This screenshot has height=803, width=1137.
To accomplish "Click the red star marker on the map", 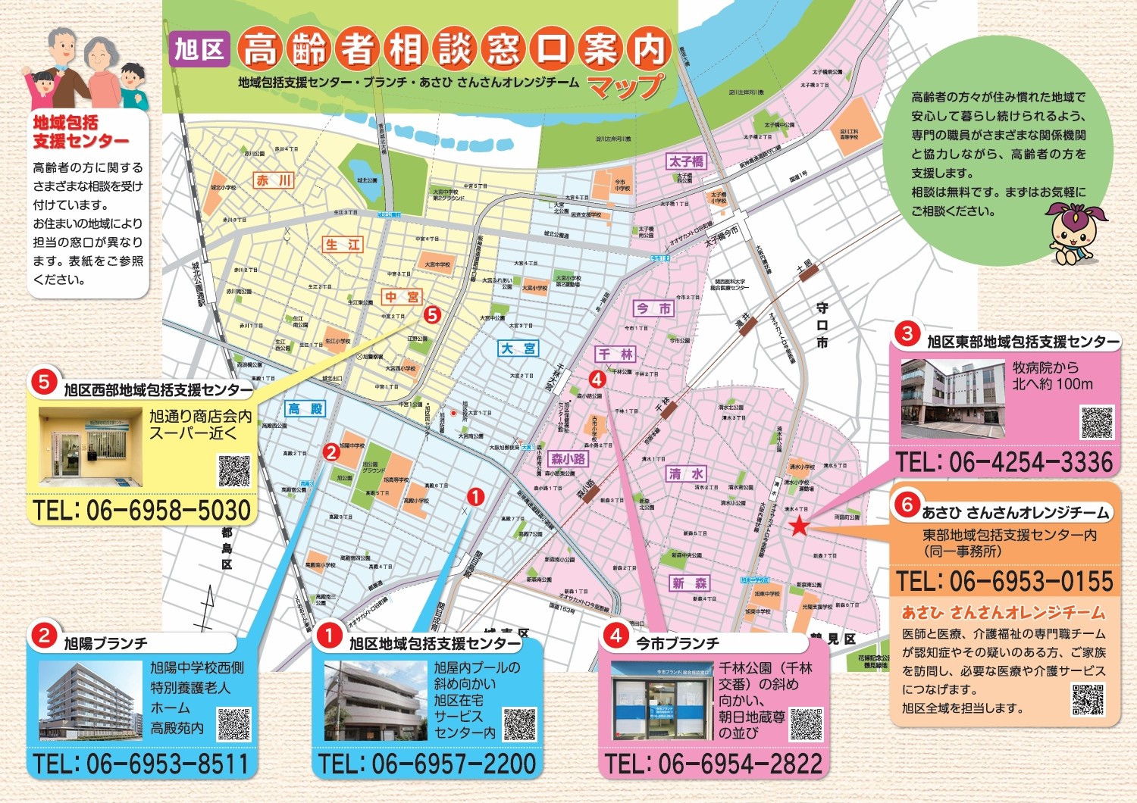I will (799, 526).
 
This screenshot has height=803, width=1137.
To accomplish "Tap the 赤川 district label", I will (274, 180).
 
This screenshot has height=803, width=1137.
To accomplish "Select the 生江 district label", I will (343, 245).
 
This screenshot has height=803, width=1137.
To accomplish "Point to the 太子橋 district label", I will (687, 161).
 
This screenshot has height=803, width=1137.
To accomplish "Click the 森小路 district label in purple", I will (568, 459).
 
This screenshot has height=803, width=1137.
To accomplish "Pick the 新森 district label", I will (690, 583).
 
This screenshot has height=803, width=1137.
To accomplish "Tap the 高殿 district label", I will (305, 409).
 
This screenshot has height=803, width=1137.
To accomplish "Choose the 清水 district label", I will (686, 474).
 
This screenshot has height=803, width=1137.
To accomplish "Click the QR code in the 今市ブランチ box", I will (806, 724).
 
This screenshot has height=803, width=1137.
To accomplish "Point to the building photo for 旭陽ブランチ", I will (90, 701).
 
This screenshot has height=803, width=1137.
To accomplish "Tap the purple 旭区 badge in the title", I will (199, 50).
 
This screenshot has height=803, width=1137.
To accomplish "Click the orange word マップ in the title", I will (625, 86).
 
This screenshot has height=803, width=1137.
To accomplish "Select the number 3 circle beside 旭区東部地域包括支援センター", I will (907, 333).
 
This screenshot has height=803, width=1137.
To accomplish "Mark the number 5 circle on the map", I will (432, 314).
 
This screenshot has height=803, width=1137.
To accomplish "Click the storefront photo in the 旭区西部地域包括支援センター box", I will (90, 447).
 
